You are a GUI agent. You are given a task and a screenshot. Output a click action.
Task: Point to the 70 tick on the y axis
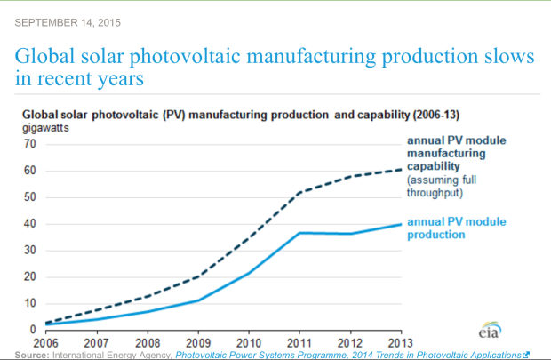tap(29, 144)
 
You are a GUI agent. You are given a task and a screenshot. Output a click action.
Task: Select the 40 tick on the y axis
tap(29, 224)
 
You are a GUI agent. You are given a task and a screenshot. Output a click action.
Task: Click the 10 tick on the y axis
tap(29, 304)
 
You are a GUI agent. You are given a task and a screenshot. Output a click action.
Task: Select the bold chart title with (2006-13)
tap(240, 115)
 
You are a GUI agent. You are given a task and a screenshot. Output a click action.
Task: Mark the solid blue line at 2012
tap(349, 234)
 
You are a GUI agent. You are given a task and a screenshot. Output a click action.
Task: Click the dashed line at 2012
tap(349, 177)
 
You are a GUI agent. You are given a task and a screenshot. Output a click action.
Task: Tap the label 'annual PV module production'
tap(451, 228)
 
